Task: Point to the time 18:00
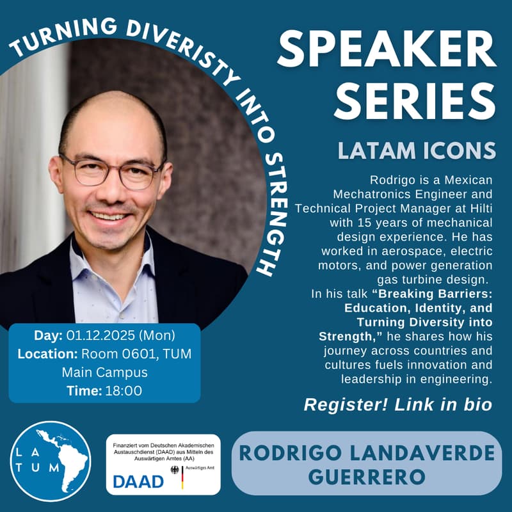tap(125, 390)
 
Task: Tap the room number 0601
tap(141, 353)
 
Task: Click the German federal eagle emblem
tap(177, 471)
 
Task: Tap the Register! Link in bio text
tap(397, 404)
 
